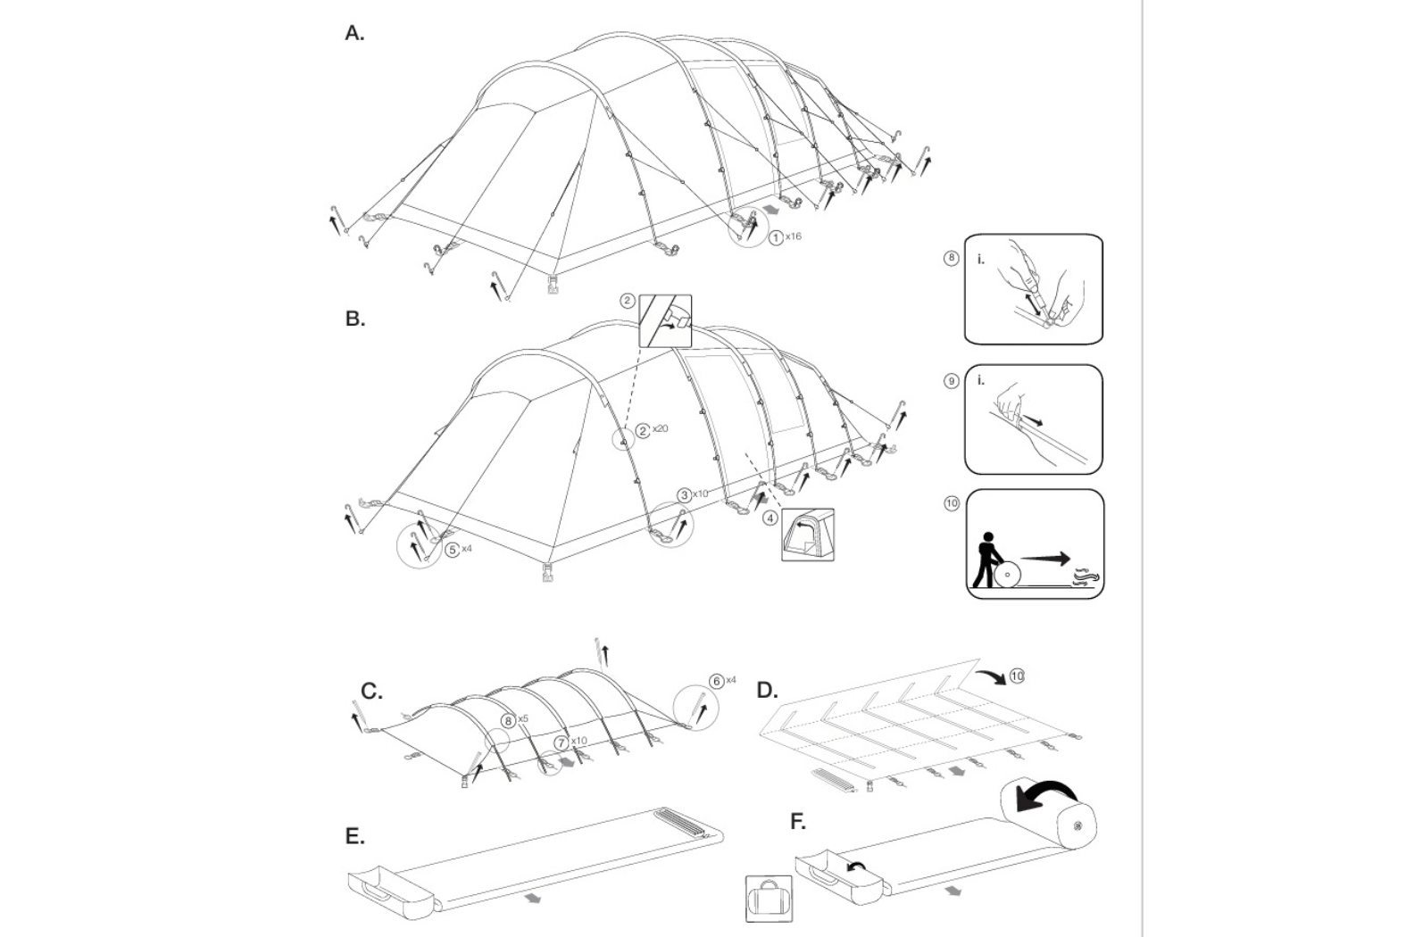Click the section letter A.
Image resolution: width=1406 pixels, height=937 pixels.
(x=354, y=34)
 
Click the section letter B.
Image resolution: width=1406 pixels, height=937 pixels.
(x=354, y=319)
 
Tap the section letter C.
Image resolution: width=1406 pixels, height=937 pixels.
(x=371, y=692)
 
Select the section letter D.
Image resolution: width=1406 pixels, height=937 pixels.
(x=767, y=690)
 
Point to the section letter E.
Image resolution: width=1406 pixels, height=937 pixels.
(x=354, y=836)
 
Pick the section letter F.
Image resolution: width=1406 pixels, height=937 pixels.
(x=798, y=821)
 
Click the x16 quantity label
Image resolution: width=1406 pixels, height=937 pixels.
(x=794, y=236)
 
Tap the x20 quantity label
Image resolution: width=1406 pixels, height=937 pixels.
(x=660, y=429)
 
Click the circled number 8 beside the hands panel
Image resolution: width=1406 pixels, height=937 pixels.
(x=952, y=258)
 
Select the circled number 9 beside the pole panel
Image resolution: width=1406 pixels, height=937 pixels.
(x=952, y=381)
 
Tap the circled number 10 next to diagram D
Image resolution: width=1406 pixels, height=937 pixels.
(x=1016, y=676)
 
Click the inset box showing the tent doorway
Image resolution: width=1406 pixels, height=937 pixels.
(x=807, y=535)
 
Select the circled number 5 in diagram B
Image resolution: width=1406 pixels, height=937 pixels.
(x=452, y=550)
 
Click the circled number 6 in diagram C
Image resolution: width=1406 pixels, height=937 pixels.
(x=716, y=681)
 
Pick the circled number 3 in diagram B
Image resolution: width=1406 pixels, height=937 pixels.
(x=684, y=494)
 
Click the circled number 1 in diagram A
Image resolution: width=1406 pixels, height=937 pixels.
(x=777, y=237)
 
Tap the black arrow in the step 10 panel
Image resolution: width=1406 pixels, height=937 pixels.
(x=1045, y=560)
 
